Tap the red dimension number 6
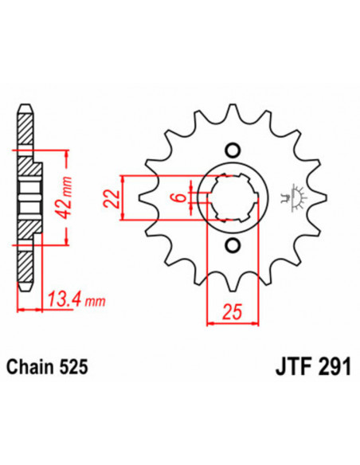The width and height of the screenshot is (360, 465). point(181,196)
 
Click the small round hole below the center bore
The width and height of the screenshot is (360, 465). point(233,244)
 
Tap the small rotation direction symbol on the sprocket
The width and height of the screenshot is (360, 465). point(296,195)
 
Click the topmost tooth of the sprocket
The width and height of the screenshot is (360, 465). point(233,111)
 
